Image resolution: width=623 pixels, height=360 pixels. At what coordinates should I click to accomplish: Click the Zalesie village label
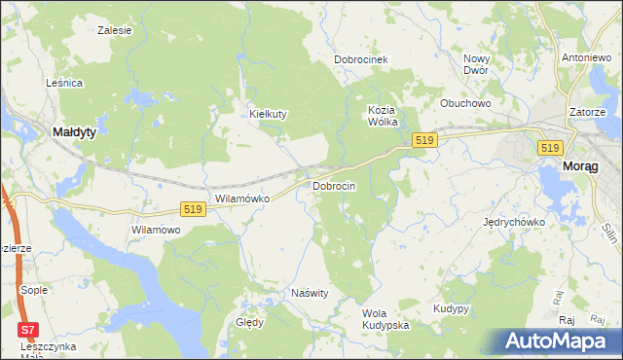point(115,30)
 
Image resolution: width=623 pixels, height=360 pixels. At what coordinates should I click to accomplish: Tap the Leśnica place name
point(64,84)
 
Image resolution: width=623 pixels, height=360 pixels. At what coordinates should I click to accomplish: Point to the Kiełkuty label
point(269,114)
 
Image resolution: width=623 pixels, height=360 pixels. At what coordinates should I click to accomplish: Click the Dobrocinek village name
point(361,59)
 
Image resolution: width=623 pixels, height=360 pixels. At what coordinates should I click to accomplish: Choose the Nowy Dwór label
point(476,64)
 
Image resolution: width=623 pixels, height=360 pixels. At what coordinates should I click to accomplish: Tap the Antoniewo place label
point(586,57)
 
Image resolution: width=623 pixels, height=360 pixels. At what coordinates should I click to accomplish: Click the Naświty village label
point(311,292)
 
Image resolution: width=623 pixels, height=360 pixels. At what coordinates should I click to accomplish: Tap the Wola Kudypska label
point(385,319)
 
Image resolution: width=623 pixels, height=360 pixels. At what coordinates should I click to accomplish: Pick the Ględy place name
point(250,322)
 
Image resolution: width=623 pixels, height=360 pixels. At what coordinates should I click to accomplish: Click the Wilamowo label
point(157,230)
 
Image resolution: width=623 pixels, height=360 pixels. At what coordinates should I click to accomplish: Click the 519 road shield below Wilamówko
point(192,208)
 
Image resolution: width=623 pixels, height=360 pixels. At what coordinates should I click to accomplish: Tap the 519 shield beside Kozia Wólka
point(422,141)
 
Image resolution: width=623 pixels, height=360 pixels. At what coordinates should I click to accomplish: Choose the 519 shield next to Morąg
point(550,147)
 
